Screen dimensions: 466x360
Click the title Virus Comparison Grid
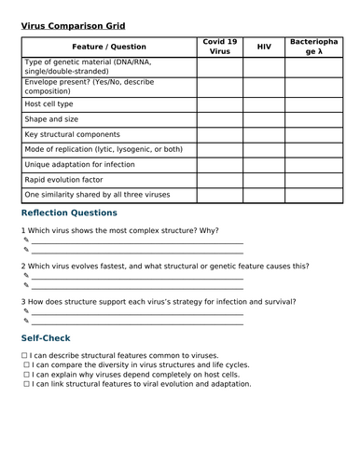(73, 26)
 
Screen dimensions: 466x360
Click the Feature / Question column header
(108, 47)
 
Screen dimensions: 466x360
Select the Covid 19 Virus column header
(219, 47)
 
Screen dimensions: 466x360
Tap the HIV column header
(264, 47)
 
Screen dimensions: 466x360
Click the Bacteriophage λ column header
(314, 47)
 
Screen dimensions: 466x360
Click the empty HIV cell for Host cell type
(264, 104)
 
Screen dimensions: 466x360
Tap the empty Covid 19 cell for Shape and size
(219, 119)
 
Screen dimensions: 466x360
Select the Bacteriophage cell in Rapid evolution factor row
(314, 180)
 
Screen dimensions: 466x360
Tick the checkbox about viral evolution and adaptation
(26, 384)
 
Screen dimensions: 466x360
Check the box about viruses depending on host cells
(26, 375)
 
